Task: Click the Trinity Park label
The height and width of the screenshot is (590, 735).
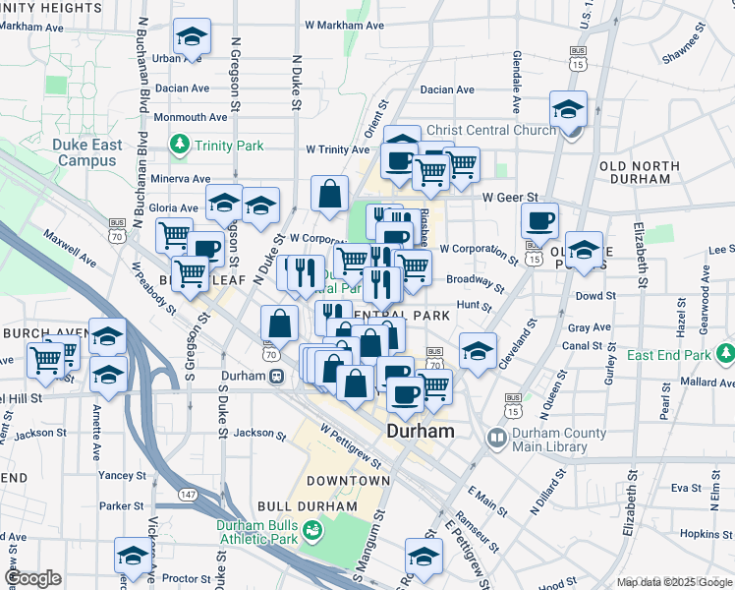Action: point(228,146)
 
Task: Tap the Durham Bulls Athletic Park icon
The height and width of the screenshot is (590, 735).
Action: point(313,532)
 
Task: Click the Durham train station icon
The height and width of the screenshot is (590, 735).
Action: point(278,376)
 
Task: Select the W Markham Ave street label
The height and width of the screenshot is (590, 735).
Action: point(344,24)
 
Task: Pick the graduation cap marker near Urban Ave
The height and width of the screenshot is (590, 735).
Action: point(192,37)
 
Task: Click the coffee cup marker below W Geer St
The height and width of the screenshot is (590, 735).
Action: point(538,220)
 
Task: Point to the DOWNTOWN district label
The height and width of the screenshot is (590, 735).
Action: point(348,481)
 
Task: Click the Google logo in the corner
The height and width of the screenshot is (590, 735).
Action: point(32,578)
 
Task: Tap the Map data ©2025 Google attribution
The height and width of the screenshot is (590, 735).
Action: point(673,582)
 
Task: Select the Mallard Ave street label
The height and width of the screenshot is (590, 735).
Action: point(707,382)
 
